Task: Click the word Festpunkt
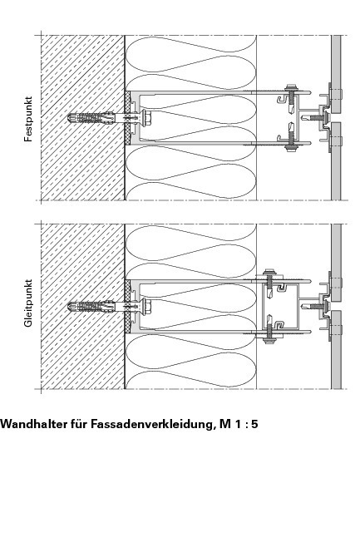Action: point(28,119)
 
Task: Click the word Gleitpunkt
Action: point(28,303)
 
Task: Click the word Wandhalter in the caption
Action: point(43,423)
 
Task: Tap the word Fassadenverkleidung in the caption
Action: point(151,423)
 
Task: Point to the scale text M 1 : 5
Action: point(239,423)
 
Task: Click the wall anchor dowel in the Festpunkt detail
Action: point(91,117)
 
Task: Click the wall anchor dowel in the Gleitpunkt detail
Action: point(91,306)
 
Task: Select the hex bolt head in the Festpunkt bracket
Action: point(147,117)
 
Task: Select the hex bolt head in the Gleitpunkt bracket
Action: point(147,306)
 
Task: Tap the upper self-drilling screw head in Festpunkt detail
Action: point(291,87)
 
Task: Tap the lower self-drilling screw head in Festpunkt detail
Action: point(291,148)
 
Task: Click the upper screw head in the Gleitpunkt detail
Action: point(270,271)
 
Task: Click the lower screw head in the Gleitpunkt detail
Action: point(270,340)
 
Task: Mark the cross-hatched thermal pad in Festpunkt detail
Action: point(127,117)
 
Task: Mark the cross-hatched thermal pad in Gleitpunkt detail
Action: point(127,306)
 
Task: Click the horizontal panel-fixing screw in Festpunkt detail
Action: point(314,116)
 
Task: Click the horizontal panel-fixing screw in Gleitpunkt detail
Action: point(314,306)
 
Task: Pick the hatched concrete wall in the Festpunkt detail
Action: point(82,117)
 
